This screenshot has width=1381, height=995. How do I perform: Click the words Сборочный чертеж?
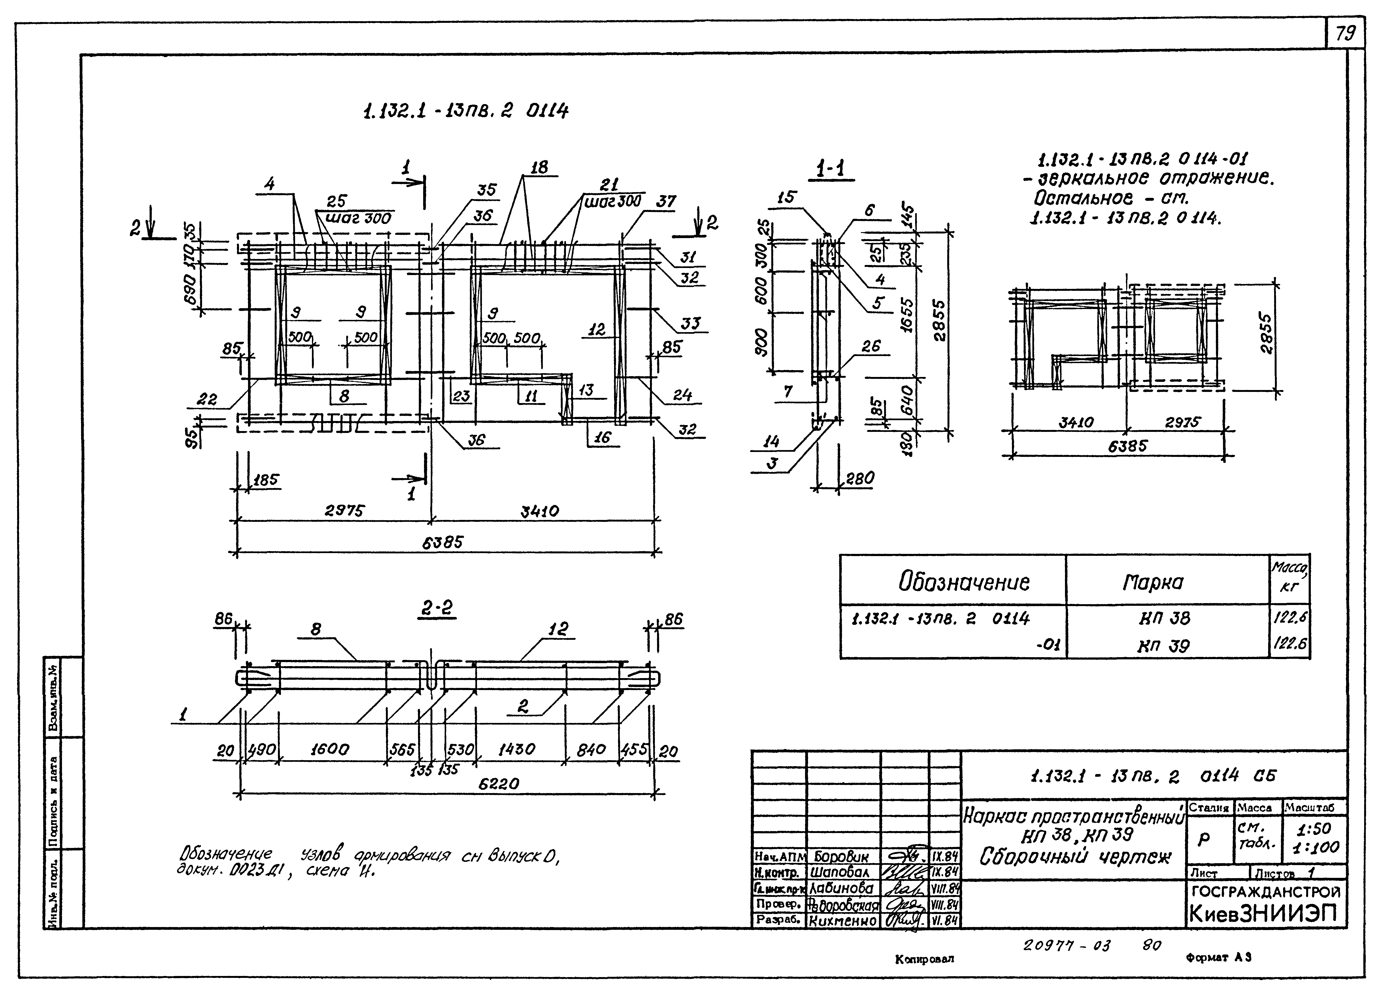[x=1075, y=857]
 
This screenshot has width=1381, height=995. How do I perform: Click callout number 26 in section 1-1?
[x=871, y=346]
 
